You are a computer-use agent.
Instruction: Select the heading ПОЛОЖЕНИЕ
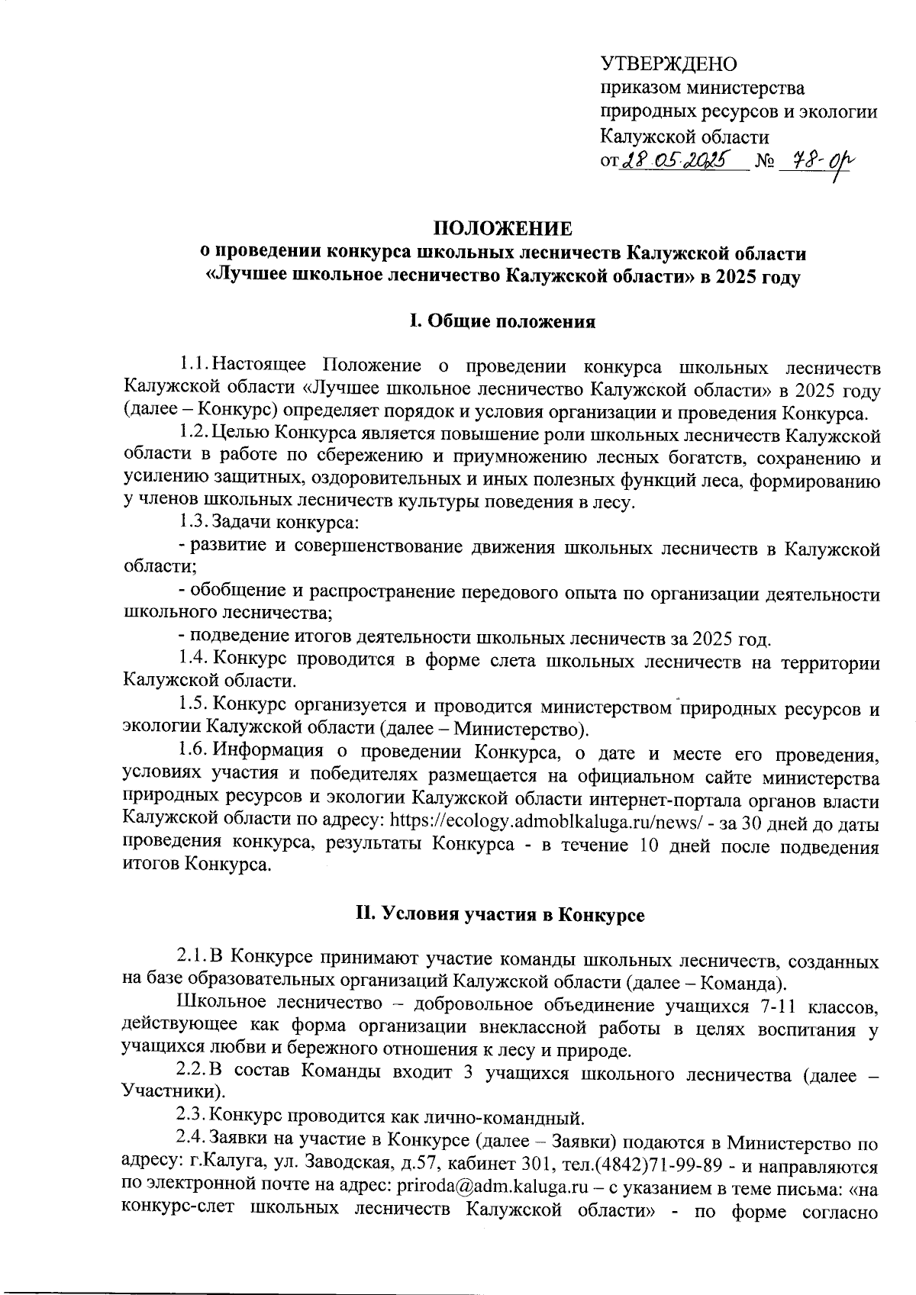(x=502, y=228)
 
